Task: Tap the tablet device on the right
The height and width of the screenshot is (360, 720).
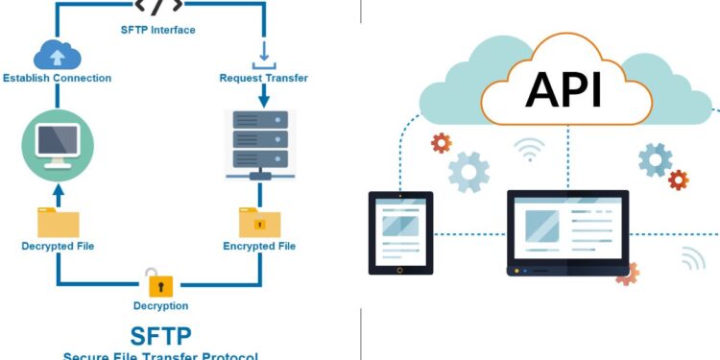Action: [x=401, y=233]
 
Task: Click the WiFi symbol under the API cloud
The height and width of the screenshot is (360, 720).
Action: [x=528, y=149]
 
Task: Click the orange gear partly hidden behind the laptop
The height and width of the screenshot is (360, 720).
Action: [x=627, y=274]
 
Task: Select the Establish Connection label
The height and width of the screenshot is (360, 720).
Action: [x=57, y=78]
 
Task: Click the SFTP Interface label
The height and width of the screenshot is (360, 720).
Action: [x=158, y=30]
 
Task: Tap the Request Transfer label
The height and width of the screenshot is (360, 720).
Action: [x=264, y=78]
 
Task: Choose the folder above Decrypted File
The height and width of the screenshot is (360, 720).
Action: [x=58, y=221]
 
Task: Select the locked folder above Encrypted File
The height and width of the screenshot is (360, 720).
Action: [x=259, y=222]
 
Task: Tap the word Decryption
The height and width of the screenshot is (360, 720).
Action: [x=160, y=305]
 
